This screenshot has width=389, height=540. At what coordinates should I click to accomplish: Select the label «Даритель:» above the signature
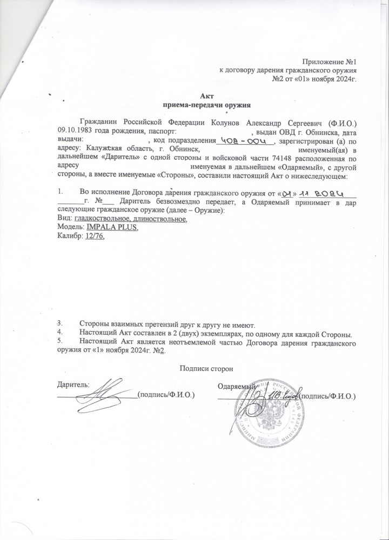(73, 384)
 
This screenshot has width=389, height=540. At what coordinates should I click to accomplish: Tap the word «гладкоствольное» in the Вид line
(102, 219)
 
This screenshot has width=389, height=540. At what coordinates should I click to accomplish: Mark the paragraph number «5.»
(61, 341)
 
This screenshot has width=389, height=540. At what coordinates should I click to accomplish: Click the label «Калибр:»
(70, 237)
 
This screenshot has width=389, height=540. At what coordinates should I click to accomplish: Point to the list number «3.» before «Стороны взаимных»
(61, 323)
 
